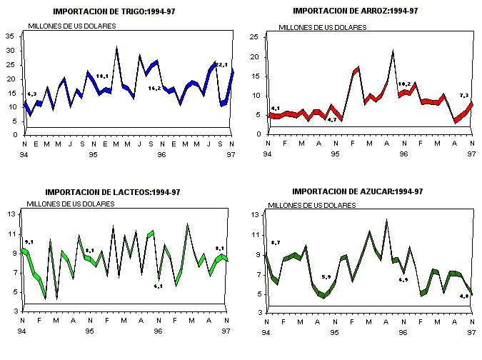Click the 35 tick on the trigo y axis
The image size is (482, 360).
(10, 36)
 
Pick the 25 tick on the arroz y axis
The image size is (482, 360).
(253, 37)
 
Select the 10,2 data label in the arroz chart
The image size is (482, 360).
(405, 84)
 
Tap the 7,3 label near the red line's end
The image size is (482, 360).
(463, 96)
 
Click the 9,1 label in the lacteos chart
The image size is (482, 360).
(29, 242)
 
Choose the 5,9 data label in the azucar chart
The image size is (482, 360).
(326, 277)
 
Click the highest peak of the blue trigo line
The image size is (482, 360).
(117, 49)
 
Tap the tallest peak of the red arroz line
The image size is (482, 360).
(393, 51)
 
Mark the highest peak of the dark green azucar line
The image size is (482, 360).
(386, 221)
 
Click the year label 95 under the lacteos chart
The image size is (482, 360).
(90, 331)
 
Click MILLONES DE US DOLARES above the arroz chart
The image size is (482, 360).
(321, 28)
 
